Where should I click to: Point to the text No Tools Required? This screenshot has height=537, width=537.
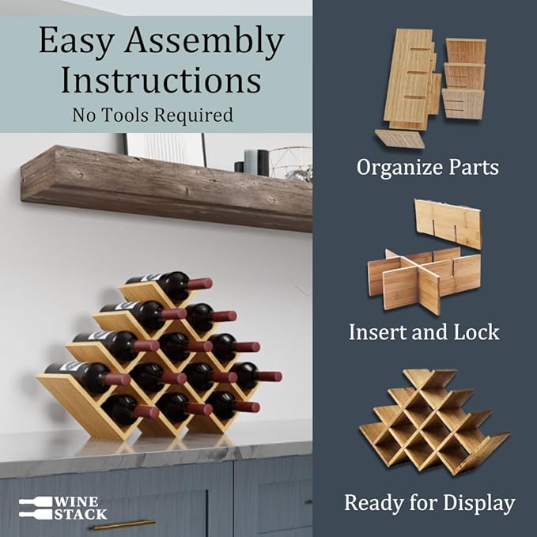click(153, 115)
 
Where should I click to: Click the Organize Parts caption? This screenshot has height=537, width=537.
click(427, 167)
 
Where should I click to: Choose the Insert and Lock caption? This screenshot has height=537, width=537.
click(424, 331)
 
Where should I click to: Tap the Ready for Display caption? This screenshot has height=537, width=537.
click(429, 502)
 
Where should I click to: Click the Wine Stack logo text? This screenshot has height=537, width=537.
click(80, 508)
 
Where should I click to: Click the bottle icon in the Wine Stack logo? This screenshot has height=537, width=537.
click(35, 508)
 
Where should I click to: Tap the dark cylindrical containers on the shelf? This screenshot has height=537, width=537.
click(254, 162)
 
